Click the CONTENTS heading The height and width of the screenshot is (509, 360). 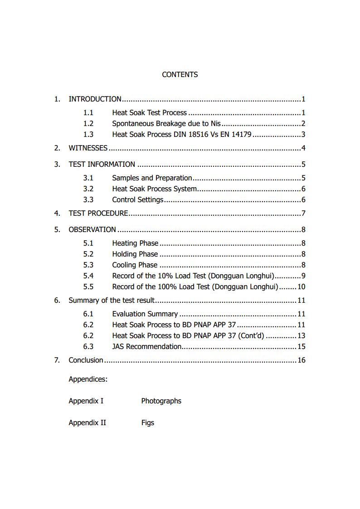[180, 75]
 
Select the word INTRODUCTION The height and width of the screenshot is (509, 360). [95, 99]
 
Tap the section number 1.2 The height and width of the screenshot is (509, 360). [88, 124]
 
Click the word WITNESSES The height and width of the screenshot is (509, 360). [88, 148]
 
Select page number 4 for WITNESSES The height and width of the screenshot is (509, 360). [303, 148]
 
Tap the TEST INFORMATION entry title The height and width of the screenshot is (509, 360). [102, 165]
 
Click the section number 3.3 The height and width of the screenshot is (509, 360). [88, 200]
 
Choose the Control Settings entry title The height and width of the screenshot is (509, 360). [137, 200]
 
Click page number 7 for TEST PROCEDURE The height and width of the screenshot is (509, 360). [303, 213]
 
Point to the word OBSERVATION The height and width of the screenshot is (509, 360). [92, 230]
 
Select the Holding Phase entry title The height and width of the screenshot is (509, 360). [135, 254]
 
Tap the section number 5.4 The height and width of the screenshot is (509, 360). [88, 276]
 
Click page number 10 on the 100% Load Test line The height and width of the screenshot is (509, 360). [301, 287]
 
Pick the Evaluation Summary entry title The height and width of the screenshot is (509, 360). [145, 314]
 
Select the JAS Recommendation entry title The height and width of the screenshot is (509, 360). [146, 347]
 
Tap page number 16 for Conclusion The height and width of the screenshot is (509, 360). [301, 360]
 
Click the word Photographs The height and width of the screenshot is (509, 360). [161, 401]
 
